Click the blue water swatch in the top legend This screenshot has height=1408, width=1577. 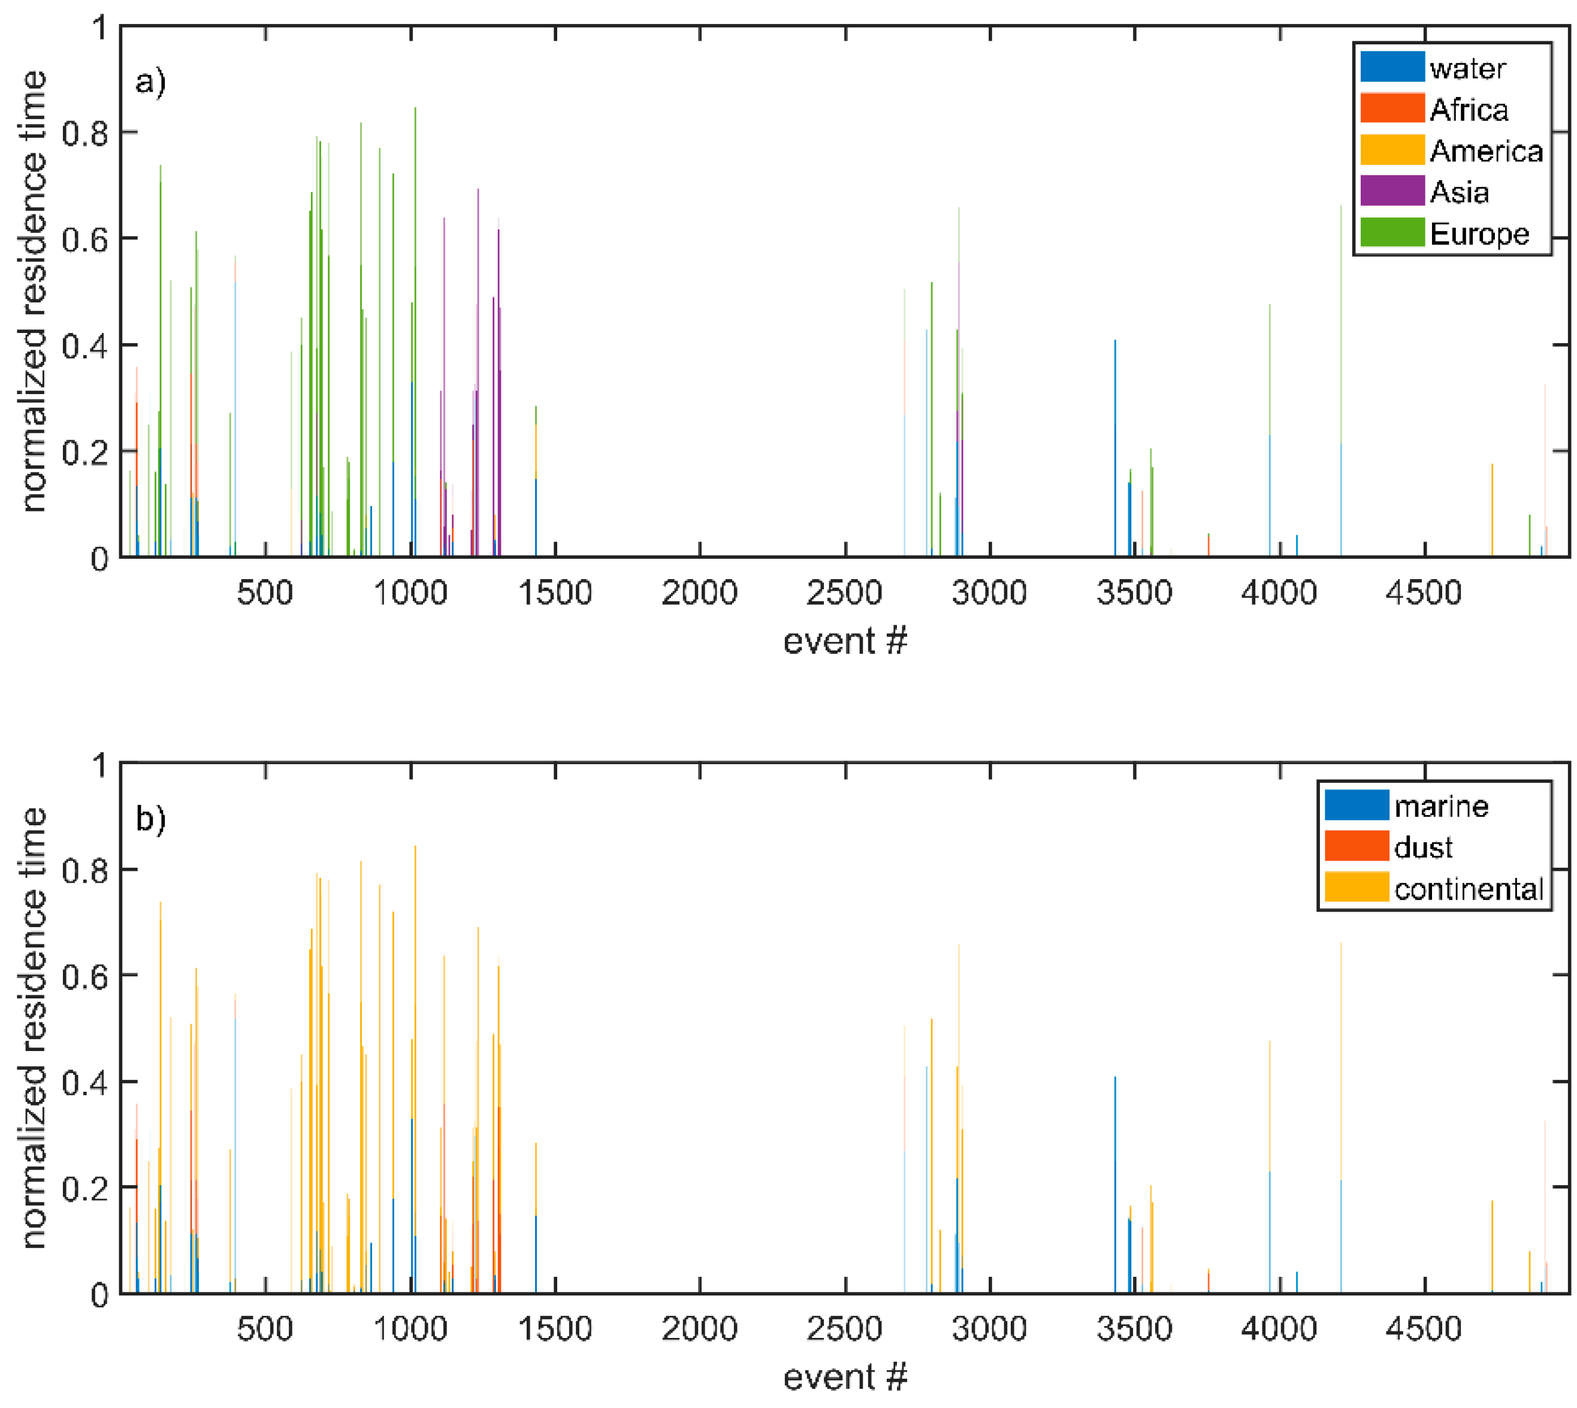click(1391, 67)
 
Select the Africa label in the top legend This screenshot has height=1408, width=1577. click(1468, 109)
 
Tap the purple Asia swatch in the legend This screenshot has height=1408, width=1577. click(1391, 191)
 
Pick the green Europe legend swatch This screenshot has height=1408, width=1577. click(1391, 233)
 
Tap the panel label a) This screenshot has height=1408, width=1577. click(150, 80)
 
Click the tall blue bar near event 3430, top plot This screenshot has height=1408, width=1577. click(1115, 449)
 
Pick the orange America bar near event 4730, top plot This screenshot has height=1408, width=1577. click(1492, 511)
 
